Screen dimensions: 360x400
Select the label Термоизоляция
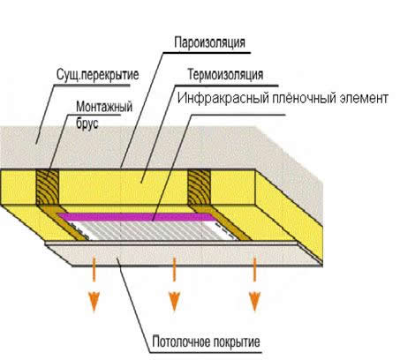[x=229, y=75]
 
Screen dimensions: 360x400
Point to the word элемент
[x=363, y=99]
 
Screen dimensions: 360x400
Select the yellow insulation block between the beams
[x=124, y=185]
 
